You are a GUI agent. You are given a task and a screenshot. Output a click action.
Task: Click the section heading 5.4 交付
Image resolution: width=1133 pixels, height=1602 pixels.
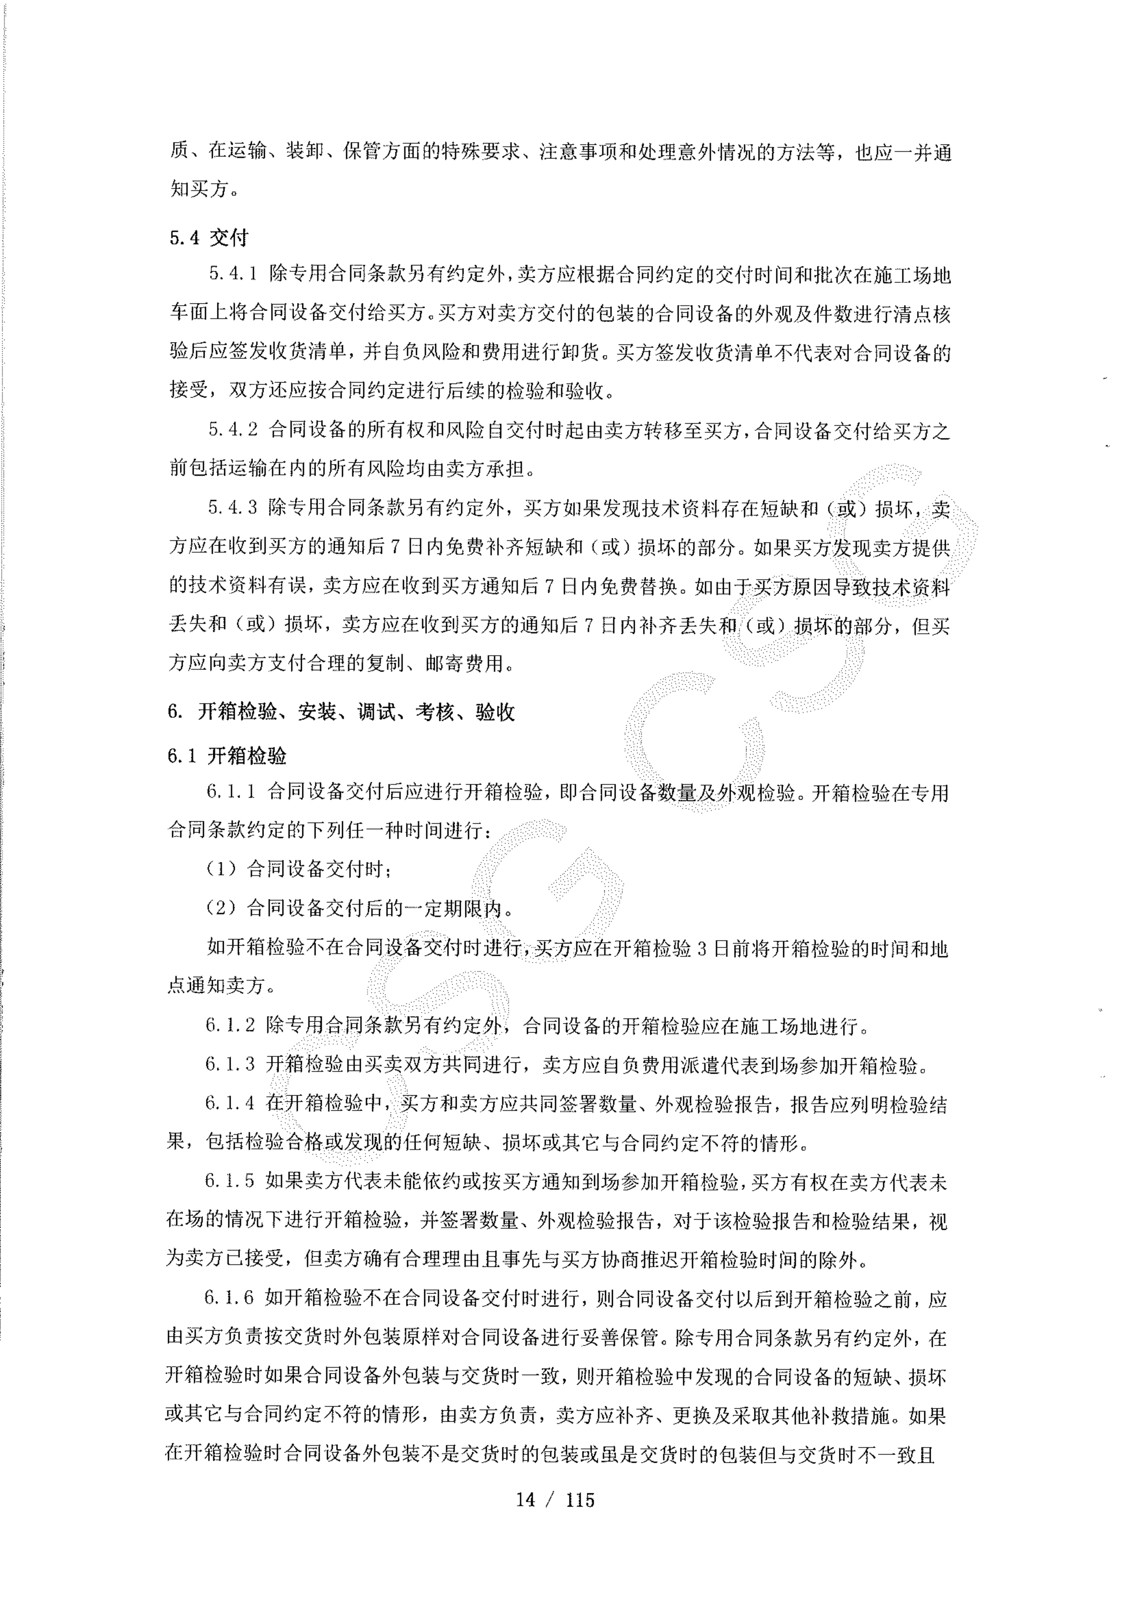209,238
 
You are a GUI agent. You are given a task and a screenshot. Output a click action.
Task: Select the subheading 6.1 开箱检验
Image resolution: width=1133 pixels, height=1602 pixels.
227,756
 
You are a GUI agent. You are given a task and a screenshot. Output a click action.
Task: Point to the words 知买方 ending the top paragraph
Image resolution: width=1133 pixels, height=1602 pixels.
200,189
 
